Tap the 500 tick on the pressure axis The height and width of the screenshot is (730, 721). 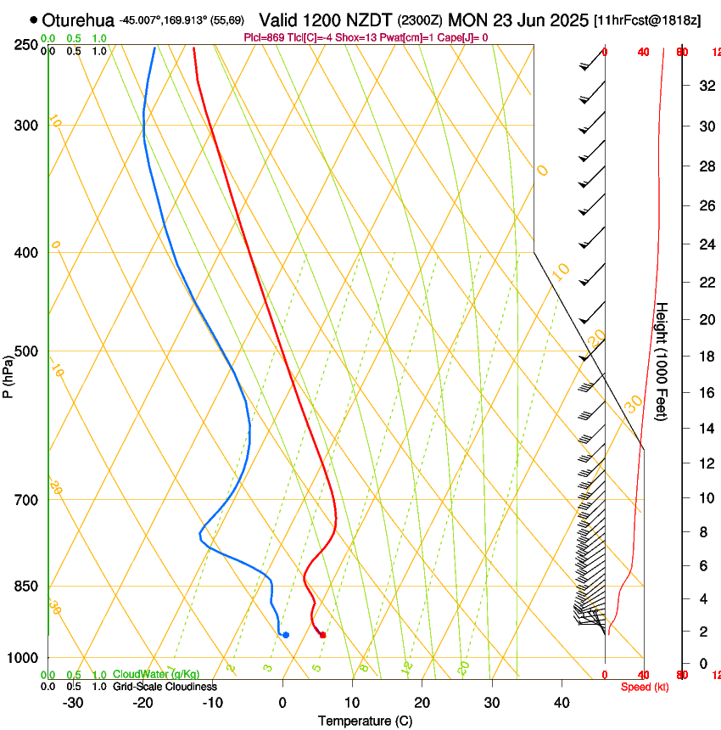point(27,351)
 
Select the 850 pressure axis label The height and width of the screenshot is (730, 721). point(27,587)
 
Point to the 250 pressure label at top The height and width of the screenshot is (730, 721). point(27,44)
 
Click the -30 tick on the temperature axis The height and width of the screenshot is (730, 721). point(73,702)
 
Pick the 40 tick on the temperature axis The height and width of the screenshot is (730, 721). point(562,702)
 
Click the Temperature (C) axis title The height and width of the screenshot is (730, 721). point(365,721)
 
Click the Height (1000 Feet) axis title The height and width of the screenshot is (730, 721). point(662,362)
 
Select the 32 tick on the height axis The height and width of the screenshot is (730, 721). point(704,85)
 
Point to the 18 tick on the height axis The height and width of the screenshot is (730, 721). point(704,357)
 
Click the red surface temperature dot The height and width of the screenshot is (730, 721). point(322,634)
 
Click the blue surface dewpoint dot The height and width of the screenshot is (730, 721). point(286,634)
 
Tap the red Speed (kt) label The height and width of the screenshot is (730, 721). point(645,687)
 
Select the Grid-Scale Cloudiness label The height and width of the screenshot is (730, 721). point(165,687)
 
